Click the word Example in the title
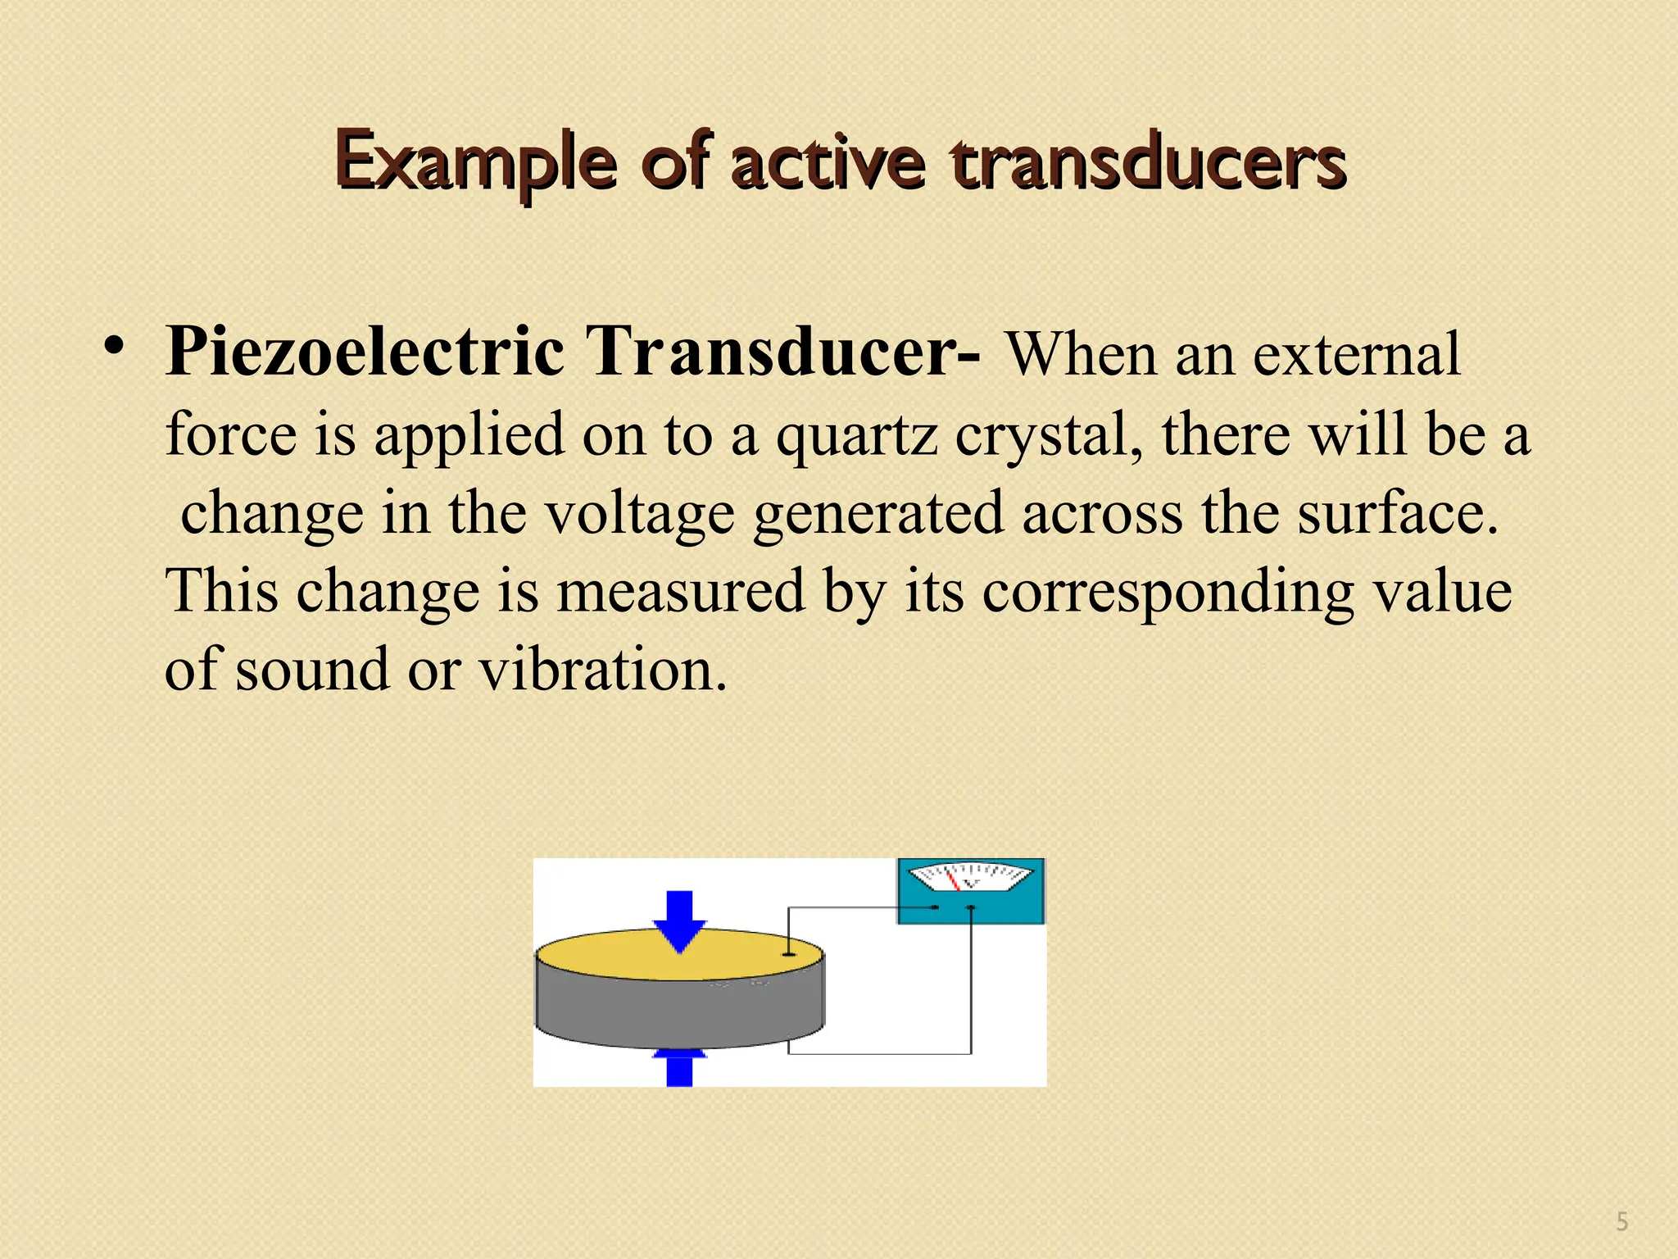tap(475, 161)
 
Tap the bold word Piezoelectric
tap(365, 352)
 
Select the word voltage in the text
tap(640, 513)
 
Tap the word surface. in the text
tap(1398, 513)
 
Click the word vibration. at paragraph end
tap(603, 670)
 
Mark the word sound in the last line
tap(312, 670)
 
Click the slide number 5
tap(1621, 1222)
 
